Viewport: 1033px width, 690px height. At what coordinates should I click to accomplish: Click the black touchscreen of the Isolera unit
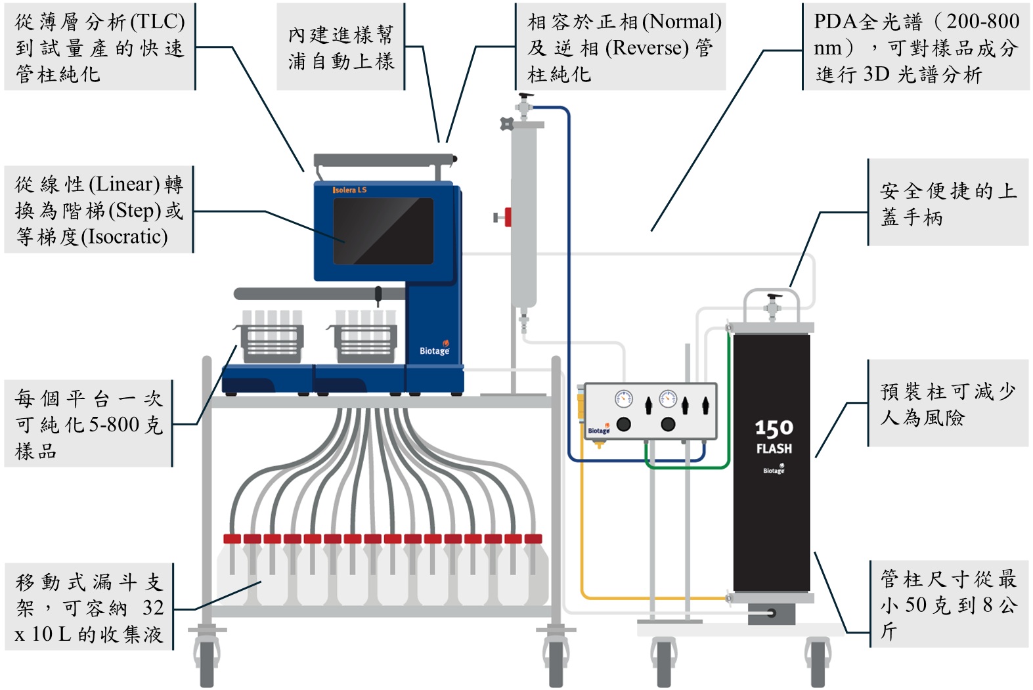(x=383, y=230)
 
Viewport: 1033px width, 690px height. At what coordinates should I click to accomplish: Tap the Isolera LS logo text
(x=349, y=190)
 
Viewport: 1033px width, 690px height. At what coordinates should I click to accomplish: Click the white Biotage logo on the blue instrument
(x=434, y=351)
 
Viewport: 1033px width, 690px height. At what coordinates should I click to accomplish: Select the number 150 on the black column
(x=774, y=429)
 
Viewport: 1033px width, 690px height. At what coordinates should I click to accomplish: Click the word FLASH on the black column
(x=774, y=449)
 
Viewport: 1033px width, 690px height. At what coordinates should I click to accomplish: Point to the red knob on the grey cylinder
(x=506, y=216)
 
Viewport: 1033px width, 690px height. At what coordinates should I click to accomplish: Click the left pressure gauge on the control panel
(x=623, y=398)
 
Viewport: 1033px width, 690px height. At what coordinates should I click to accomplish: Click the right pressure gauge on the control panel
(x=668, y=398)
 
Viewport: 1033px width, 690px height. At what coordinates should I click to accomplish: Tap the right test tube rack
(x=365, y=337)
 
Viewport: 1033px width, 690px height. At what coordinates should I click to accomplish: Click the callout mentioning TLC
(x=99, y=47)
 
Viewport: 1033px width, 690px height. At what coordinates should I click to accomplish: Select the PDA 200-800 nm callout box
(x=917, y=47)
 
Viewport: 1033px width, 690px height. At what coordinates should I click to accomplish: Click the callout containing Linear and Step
(x=99, y=210)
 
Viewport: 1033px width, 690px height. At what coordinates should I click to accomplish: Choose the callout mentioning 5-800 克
(x=89, y=424)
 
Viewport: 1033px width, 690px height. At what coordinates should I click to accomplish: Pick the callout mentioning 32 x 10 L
(x=89, y=607)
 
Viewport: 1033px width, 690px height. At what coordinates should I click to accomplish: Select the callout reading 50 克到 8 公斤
(x=948, y=605)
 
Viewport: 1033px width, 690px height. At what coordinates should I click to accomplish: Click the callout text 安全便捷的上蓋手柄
(x=948, y=204)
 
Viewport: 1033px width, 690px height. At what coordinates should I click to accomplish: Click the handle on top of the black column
(x=772, y=299)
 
